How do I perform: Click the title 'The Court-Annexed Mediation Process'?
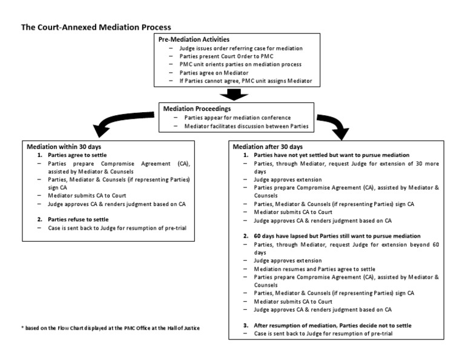tap(96, 27)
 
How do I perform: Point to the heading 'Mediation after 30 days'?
tap(269, 147)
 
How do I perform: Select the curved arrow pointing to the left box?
tap(121, 121)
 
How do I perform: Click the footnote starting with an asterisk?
tap(110, 328)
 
